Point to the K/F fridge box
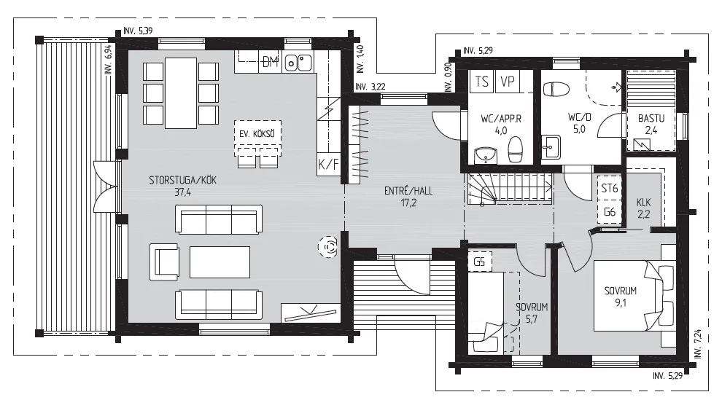[x=329, y=164]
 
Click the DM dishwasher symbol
[x=271, y=62]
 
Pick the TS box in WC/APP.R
[x=481, y=82]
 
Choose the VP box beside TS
[x=507, y=82]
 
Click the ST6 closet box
[x=609, y=188]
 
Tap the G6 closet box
[x=609, y=212]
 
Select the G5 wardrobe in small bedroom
[x=479, y=262]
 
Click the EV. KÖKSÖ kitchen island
[x=257, y=134]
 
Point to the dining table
[x=182, y=93]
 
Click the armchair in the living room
[x=164, y=262]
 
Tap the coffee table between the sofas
[x=220, y=262]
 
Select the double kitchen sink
[x=298, y=63]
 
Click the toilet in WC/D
[x=556, y=89]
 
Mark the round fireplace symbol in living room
[x=328, y=248]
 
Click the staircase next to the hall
[x=511, y=189]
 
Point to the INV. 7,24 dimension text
[x=698, y=344]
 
